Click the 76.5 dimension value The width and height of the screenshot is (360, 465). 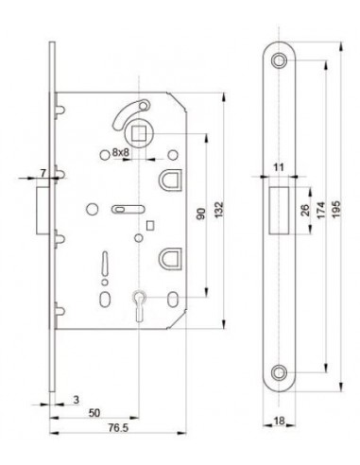tap(118, 427)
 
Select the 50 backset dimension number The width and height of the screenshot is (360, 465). tap(94, 413)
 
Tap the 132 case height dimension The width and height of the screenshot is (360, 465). tap(219, 210)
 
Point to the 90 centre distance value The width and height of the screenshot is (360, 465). tap(201, 214)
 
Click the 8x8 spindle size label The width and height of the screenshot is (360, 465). tap(121, 153)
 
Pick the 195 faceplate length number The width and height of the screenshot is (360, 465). tap(336, 209)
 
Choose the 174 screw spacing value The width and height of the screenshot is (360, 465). tap(320, 210)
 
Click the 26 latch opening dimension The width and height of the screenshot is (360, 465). tap(305, 210)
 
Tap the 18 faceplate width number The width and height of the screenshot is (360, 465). tap(279, 421)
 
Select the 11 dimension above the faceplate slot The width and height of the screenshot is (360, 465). tap(279, 167)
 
